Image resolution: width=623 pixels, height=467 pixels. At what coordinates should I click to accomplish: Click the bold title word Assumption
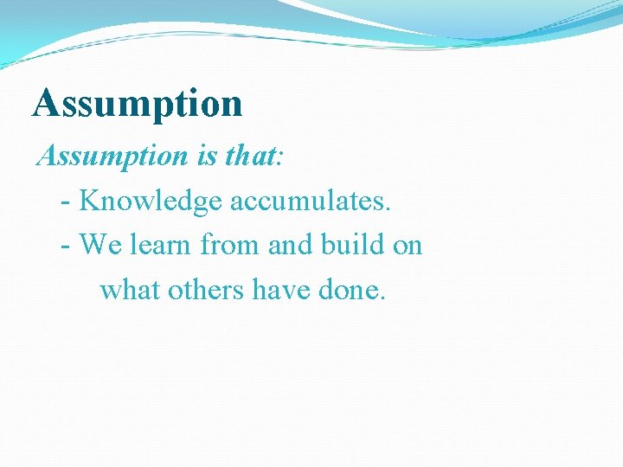pyautogui.click(x=138, y=105)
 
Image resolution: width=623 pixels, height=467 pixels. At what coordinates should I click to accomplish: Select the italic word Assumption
pyautogui.click(x=112, y=157)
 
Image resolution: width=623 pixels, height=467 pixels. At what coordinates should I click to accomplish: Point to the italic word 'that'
pyautogui.click(x=248, y=157)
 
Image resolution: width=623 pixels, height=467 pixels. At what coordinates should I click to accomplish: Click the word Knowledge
pyautogui.click(x=151, y=201)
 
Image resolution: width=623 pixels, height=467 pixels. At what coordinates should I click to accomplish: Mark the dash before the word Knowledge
pyautogui.click(x=67, y=202)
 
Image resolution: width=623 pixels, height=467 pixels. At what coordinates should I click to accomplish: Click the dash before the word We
pyautogui.click(x=67, y=246)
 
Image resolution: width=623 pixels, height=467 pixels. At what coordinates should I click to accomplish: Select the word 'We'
pyautogui.click(x=101, y=245)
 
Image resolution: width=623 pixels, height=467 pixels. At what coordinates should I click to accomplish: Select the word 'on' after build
pyautogui.click(x=407, y=246)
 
